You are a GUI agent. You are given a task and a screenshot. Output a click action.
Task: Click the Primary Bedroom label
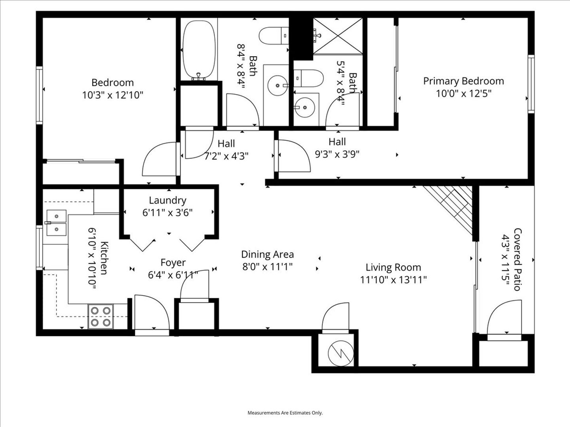pyautogui.click(x=464, y=81)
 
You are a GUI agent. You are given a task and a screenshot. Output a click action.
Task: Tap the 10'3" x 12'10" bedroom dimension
pyautogui.click(x=113, y=95)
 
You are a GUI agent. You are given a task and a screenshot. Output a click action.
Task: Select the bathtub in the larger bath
pyautogui.click(x=199, y=50)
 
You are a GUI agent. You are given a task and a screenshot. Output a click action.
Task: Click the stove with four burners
pyautogui.click(x=101, y=316)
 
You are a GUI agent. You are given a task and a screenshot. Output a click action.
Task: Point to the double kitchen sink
pyautogui.click(x=56, y=223)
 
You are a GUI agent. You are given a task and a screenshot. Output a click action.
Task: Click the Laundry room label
pyautogui.click(x=167, y=200)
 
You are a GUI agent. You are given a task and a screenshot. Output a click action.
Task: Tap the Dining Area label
pyautogui.click(x=268, y=254)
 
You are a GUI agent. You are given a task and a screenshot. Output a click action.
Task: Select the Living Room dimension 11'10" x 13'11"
pyautogui.click(x=393, y=280)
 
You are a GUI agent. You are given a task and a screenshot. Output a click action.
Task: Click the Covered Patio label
pyautogui.click(x=517, y=259)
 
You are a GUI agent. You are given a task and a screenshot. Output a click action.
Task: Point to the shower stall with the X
pyautogui.click(x=338, y=36)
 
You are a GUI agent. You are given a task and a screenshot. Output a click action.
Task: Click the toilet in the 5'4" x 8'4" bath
pyautogui.click(x=308, y=78)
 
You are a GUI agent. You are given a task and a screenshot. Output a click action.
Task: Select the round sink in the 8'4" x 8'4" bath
pyautogui.click(x=277, y=85)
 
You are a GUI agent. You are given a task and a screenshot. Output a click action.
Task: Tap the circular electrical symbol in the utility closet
pyautogui.click(x=341, y=353)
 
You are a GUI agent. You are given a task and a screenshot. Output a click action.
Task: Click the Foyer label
pyautogui.click(x=173, y=263)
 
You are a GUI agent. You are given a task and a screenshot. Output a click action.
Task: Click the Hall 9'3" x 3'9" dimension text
pyautogui.click(x=337, y=155)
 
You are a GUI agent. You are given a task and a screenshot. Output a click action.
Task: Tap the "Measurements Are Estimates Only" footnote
pyautogui.click(x=285, y=413)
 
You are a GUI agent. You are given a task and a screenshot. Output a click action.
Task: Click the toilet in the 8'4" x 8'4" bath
pyautogui.click(x=274, y=36)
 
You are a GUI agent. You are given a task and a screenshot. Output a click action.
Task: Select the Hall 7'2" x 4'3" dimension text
pyautogui.click(x=226, y=156)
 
